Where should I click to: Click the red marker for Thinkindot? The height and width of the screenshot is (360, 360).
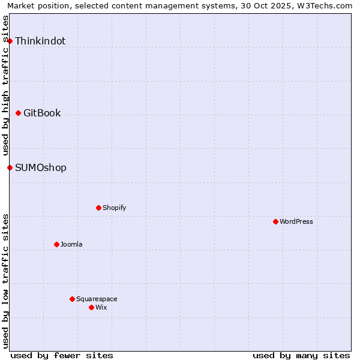click(x=10, y=41)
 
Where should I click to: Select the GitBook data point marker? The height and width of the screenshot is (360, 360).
click(x=18, y=113)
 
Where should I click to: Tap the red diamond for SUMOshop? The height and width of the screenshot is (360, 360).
click(x=10, y=167)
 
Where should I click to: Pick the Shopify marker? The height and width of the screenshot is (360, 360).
click(x=98, y=208)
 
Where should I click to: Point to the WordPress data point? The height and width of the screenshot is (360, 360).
click(x=275, y=221)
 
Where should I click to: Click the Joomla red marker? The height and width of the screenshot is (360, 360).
click(x=56, y=244)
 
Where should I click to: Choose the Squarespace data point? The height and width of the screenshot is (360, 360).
click(x=72, y=299)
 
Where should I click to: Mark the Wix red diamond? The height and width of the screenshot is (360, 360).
click(x=91, y=307)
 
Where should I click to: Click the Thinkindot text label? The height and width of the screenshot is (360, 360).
click(x=40, y=41)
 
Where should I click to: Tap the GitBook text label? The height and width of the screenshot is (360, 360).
click(x=42, y=113)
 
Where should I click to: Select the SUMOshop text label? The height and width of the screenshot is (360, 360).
click(x=41, y=168)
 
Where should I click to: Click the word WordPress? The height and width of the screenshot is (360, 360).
click(x=296, y=222)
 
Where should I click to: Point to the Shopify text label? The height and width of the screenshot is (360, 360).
click(x=115, y=208)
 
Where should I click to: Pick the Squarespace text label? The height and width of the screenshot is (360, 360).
click(x=97, y=299)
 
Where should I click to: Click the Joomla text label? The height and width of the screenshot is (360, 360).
click(x=71, y=245)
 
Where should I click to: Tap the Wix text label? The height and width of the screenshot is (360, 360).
click(x=101, y=308)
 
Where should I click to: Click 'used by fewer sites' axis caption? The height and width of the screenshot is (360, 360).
click(x=62, y=355)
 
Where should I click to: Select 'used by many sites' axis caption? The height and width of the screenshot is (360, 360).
click(x=301, y=355)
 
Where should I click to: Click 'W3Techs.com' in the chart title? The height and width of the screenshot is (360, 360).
click(x=328, y=6)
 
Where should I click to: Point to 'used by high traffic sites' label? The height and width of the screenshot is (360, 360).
click(x=6, y=85)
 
